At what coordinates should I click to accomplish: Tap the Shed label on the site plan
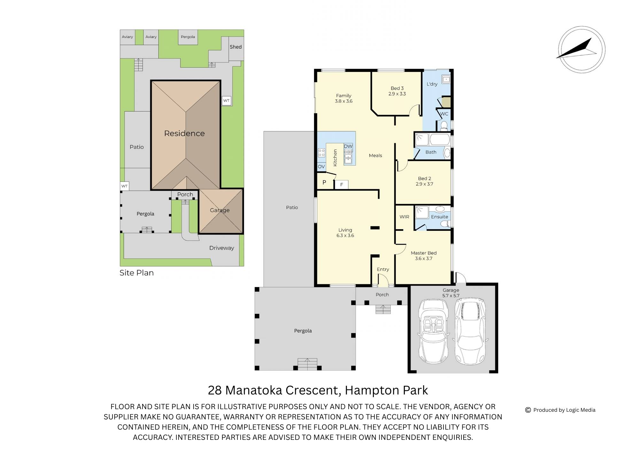pos(236,47)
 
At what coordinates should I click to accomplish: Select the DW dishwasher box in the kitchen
pos(348,146)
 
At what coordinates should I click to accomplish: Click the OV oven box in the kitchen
pos(321,167)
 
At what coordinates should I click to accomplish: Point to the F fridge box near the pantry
pos(342,185)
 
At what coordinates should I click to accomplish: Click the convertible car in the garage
pos(433,331)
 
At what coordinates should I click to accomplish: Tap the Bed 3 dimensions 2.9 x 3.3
pos(397,94)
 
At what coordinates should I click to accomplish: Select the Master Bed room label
pos(424,253)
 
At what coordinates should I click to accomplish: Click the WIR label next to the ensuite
pos(404,217)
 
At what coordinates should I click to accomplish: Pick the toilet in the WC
pos(444,126)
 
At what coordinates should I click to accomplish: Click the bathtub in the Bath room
pos(440,140)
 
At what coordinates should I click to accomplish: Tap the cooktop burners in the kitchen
pos(321,152)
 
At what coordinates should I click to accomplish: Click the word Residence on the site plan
pos(184,133)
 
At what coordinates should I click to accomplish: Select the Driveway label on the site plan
pos(221,248)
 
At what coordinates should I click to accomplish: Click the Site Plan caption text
pos(136,273)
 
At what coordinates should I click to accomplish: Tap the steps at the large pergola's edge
pos(307,364)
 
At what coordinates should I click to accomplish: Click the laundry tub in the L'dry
pos(446,79)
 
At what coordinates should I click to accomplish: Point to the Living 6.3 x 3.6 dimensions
pos(345,235)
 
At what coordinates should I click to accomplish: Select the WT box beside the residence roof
pos(226,101)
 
